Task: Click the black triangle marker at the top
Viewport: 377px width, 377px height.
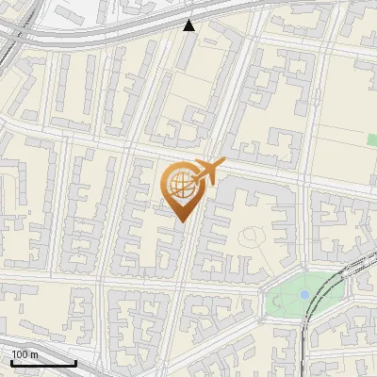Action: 189,25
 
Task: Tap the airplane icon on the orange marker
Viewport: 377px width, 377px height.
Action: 208,172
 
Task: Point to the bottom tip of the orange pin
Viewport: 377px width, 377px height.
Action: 180,222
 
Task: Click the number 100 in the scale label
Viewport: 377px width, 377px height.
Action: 18,353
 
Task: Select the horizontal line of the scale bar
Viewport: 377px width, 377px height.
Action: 43,363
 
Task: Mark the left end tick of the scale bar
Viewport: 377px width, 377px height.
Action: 11,361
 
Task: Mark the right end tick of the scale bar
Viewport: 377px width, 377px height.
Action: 75,361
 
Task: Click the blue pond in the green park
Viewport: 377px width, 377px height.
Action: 303,295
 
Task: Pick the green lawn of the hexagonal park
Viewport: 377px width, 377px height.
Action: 287,300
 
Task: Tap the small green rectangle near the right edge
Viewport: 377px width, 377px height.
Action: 371,139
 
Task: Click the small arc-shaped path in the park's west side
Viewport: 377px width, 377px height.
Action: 275,300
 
